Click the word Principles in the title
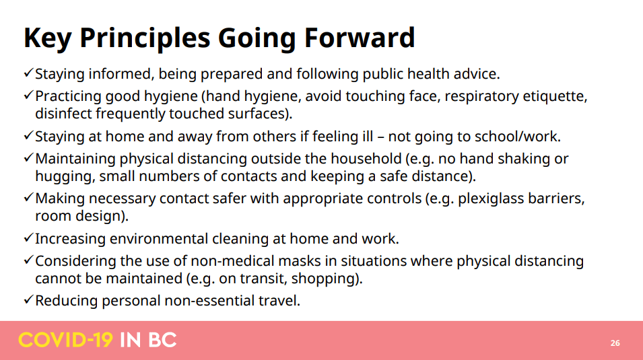coord(145,39)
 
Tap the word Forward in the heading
coord(360,38)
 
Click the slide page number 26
coord(615,343)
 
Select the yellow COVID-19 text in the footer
coord(65,340)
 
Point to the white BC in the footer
coord(162,340)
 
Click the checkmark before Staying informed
coord(28,73)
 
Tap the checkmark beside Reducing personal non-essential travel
coord(28,299)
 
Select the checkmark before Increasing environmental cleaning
coord(28,238)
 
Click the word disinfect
coord(63,114)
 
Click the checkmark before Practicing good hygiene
coord(28,95)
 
